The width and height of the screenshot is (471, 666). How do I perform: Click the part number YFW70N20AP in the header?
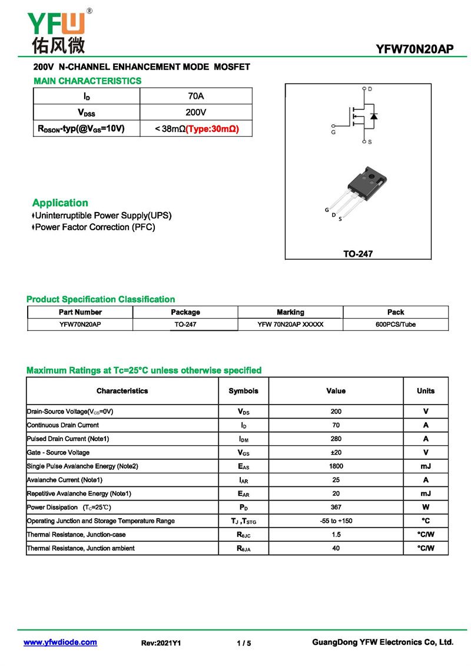(x=415, y=49)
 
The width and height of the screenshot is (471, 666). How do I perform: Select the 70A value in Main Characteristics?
(x=195, y=96)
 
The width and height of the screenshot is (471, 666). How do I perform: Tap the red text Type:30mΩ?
(x=213, y=128)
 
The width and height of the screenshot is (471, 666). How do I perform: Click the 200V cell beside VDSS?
(x=195, y=112)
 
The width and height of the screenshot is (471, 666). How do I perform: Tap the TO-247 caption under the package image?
(x=358, y=254)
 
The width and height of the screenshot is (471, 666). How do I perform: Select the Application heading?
(x=60, y=203)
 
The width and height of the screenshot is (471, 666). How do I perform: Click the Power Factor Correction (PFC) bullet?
(x=95, y=227)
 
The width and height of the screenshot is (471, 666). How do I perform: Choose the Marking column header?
(x=290, y=312)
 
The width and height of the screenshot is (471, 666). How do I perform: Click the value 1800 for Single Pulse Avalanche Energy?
(x=336, y=466)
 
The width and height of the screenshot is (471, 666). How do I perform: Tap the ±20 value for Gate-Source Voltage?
(x=336, y=453)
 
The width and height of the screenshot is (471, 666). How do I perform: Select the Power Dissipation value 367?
(x=336, y=508)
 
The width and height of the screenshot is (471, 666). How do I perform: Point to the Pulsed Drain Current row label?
(x=68, y=439)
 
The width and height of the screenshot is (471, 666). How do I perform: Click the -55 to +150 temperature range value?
(x=336, y=521)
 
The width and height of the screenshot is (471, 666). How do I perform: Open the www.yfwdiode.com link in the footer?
(x=60, y=642)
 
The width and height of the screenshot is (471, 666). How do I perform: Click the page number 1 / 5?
(x=244, y=643)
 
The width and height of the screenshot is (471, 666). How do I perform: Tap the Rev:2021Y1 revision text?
(x=161, y=643)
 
